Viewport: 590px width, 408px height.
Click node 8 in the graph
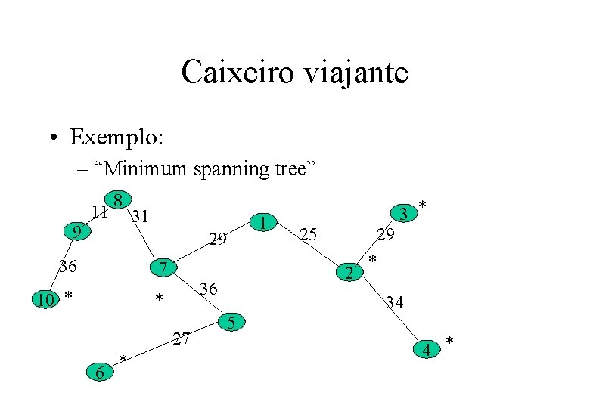pyautogui.click(x=117, y=200)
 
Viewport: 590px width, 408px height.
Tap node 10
pyautogui.click(x=45, y=300)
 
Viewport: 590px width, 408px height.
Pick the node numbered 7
pyautogui.click(x=163, y=267)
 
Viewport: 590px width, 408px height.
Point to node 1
pyautogui.click(x=262, y=223)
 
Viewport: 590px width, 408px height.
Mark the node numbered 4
pyautogui.click(x=427, y=350)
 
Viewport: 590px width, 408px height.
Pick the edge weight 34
pyautogui.click(x=394, y=304)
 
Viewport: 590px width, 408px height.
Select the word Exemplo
pyautogui.click(x=115, y=138)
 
